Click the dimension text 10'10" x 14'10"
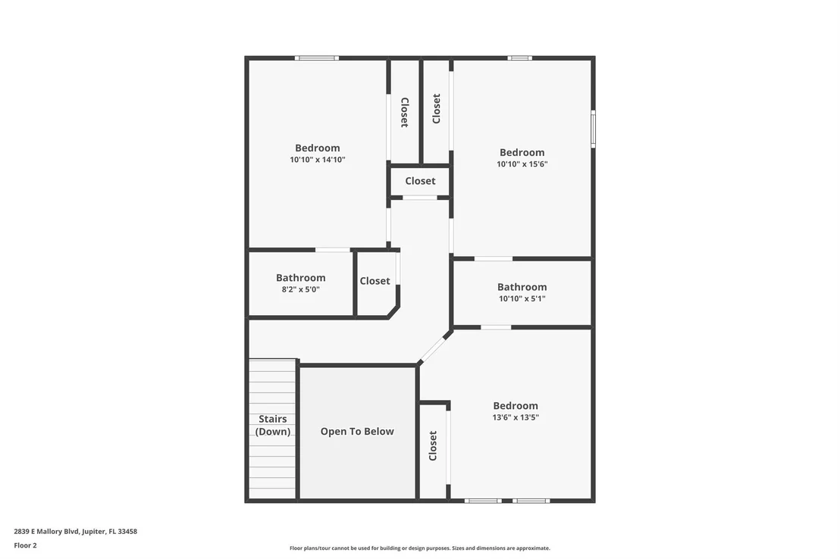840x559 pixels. (318, 160)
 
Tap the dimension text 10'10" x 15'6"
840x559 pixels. (522, 164)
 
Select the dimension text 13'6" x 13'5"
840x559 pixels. (516, 417)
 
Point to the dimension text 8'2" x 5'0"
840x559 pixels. (300, 289)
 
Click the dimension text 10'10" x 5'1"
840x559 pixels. (522, 298)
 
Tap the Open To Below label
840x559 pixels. (357, 432)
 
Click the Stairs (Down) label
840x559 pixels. (273, 425)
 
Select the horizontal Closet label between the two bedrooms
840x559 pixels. (420, 181)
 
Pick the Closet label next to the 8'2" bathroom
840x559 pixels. (375, 280)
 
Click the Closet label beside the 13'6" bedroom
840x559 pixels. (433, 445)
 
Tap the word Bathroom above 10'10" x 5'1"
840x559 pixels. (522, 287)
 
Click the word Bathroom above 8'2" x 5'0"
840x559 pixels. (300, 278)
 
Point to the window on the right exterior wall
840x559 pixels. (593, 129)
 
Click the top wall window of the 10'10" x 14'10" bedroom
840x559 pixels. (317, 58)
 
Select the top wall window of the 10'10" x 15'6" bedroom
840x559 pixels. (519, 58)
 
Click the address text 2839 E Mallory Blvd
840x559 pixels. (46, 532)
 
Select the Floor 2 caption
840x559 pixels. (25, 545)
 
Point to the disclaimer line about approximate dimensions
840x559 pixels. (420, 548)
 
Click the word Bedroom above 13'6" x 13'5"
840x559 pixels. (516, 406)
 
